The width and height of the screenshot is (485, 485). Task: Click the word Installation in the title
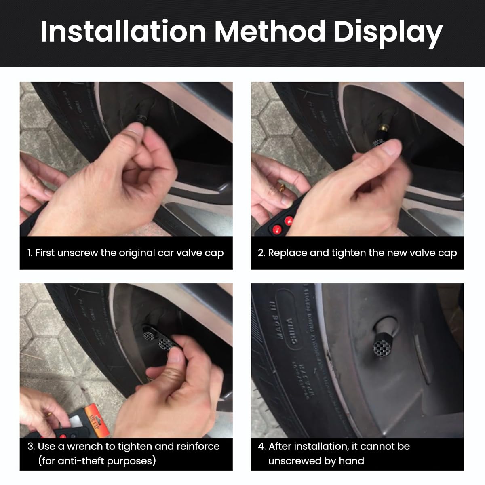click(x=123, y=32)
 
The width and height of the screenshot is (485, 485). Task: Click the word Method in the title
click(x=270, y=32)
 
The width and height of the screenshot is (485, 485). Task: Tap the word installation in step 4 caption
click(x=321, y=446)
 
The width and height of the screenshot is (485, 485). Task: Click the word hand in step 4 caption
click(x=352, y=461)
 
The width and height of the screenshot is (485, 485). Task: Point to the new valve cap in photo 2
click(x=379, y=142)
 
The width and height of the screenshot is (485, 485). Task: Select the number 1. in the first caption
click(x=30, y=253)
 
